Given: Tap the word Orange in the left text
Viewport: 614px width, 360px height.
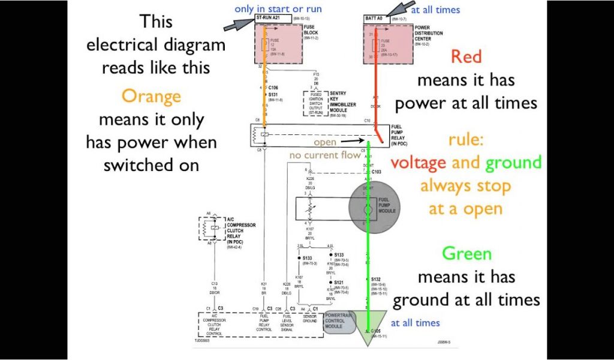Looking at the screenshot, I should click(151, 95).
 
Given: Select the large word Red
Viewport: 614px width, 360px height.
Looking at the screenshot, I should click(466, 56).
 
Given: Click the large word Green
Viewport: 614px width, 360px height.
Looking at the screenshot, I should click(466, 253).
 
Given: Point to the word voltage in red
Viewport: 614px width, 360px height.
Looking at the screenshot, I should click(418, 162).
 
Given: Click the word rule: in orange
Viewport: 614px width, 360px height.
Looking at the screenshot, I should click(465, 140).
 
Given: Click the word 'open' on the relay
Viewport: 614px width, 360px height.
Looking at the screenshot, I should click(325, 143).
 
